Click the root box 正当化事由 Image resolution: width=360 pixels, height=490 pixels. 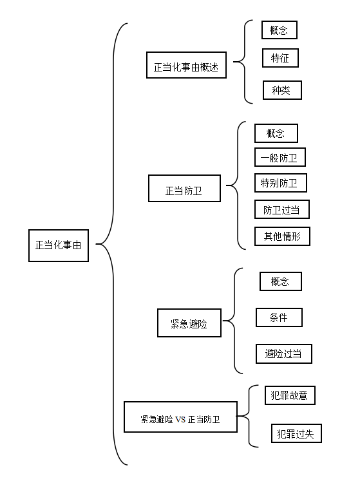[59, 245]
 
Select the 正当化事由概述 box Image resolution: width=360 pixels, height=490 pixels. [186, 65]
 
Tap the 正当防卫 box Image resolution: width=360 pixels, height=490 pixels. [184, 188]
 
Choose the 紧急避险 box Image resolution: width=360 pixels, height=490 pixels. [189, 323]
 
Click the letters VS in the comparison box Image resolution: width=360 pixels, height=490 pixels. [180, 419]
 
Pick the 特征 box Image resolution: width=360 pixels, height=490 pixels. [280, 58]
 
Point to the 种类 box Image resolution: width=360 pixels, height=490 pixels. [282, 90]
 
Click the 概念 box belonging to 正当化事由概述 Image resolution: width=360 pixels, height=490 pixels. [279, 30]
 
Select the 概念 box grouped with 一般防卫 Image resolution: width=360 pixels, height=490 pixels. [276, 133]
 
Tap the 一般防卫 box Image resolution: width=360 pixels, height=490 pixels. [279, 157]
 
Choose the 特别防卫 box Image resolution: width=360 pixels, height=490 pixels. [280, 183]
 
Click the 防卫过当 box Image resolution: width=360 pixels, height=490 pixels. [282, 209]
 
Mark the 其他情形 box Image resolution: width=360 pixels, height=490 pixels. [282, 236]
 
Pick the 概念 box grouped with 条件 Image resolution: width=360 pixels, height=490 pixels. [281, 281]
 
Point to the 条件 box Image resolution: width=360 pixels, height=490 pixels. [279, 317]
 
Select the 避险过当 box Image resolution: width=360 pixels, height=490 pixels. [284, 353]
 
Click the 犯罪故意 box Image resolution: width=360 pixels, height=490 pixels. [290, 395]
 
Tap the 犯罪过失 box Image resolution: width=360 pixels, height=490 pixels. [296, 433]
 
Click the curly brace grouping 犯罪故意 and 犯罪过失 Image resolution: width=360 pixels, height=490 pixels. [249, 416]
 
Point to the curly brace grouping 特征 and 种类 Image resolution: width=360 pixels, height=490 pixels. [244, 62]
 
